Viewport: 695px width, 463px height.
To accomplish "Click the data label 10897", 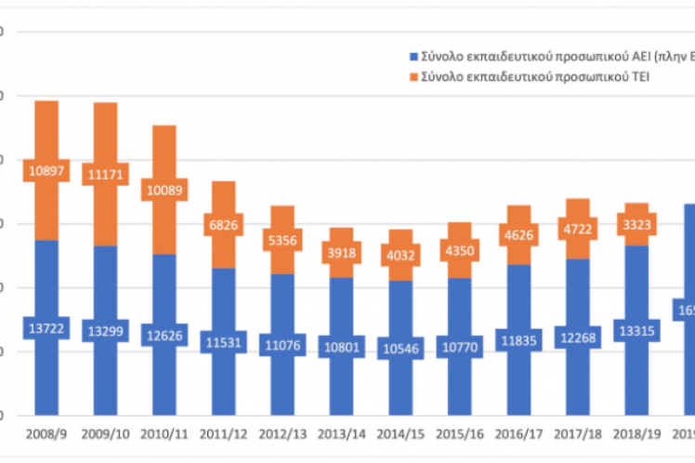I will coord(46,171).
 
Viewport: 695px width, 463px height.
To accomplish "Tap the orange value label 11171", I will coord(105,173).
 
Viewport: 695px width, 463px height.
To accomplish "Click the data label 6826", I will coord(224,224).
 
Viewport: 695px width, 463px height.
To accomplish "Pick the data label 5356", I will coord(283,239).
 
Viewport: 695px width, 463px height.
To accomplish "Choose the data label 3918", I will coord(343,251).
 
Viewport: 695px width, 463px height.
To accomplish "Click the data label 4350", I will coord(461,250).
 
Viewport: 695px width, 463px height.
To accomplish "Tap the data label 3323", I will coord(638,224).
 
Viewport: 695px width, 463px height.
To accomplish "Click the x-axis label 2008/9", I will coord(46,433).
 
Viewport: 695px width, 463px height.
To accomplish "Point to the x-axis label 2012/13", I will coord(283,433).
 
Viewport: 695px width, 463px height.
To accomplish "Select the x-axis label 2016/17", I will coord(520,433).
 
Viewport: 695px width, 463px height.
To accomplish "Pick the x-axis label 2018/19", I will coord(638,433).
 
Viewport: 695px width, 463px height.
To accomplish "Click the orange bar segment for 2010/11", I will coord(164,149).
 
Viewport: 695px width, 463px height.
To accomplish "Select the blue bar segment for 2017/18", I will coord(580,298).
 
